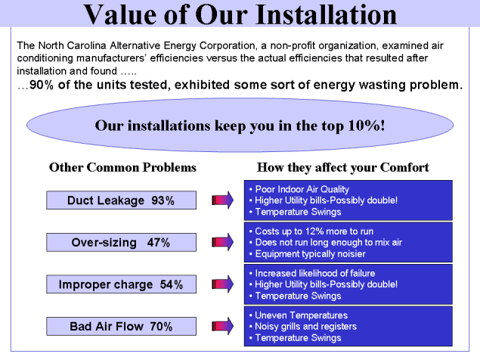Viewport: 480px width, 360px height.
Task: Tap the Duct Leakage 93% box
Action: pos(121,200)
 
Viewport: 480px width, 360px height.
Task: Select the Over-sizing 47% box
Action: pos(121,242)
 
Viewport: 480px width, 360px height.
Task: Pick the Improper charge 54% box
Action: pos(121,284)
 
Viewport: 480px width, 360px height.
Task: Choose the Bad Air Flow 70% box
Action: pos(121,326)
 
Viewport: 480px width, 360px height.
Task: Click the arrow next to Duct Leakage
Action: pos(222,200)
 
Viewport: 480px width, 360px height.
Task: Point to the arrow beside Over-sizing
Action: pos(222,242)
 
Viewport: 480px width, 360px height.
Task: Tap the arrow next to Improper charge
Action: pos(222,284)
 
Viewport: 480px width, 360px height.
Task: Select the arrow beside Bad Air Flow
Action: pos(222,326)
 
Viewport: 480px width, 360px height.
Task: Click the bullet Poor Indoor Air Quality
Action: pos(299,189)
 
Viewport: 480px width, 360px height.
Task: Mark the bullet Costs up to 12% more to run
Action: pos(311,231)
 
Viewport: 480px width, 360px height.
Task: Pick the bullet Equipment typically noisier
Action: pos(308,254)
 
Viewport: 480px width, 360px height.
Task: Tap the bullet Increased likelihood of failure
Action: pos(312,273)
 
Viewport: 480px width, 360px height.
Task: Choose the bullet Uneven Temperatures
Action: pos(299,315)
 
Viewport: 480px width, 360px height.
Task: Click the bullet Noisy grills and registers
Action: pos(303,327)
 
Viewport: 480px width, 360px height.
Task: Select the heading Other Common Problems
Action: pos(122,168)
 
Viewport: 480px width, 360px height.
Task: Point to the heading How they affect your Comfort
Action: pos(343,168)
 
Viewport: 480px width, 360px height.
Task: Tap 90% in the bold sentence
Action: pos(42,85)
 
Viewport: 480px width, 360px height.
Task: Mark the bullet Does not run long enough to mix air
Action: pos(325,243)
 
